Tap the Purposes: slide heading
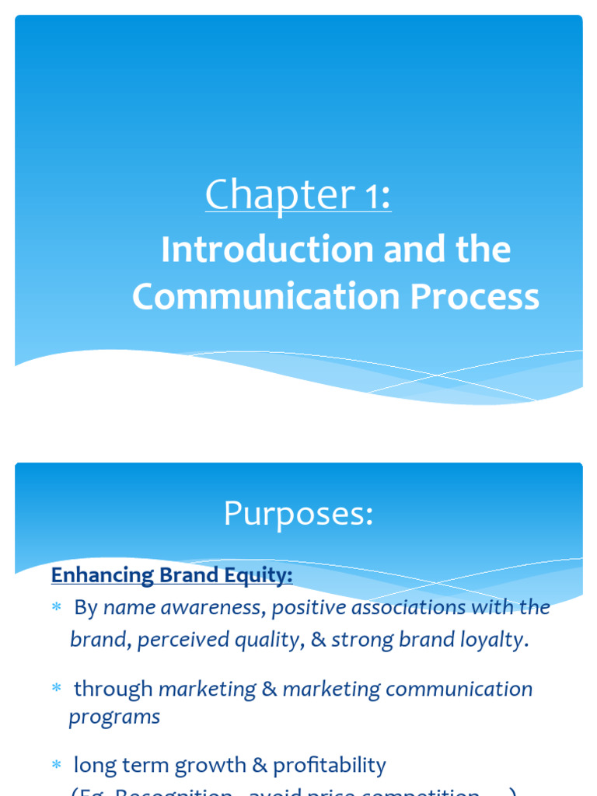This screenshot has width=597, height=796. [x=298, y=514]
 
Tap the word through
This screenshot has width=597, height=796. [x=113, y=689]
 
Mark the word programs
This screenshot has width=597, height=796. [x=114, y=717]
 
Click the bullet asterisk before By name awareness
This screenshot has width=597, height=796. [x=56, y=608]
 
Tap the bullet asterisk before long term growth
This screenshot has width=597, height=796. [x=56, y=766]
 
